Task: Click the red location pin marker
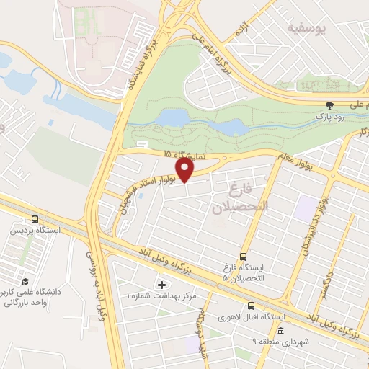[185, 170]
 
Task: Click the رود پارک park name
[331, 115]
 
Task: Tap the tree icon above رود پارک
[331, 104]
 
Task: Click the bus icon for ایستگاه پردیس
[34, 220]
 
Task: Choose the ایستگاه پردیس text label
[35, 232]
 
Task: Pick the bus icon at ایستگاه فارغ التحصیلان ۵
[243, 256]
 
